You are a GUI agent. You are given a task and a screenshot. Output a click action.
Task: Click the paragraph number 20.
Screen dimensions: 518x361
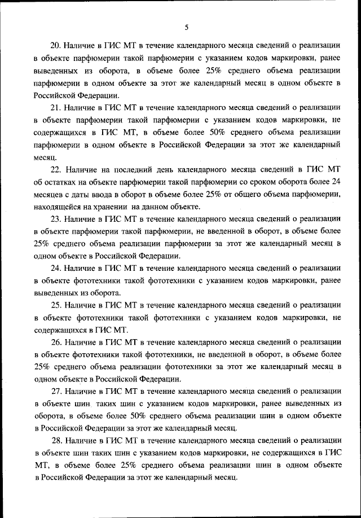click(x=55, y=45)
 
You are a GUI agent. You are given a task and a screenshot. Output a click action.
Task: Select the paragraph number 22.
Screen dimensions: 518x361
click(x=56, y=169)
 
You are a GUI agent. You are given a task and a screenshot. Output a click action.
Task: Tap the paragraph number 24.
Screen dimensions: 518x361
click(x=56, y=268)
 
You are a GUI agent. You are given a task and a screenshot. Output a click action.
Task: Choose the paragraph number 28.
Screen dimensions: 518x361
click(x=56, y=440)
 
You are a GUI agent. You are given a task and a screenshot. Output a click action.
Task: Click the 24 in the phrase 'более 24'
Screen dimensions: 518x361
click(x=336, y=182)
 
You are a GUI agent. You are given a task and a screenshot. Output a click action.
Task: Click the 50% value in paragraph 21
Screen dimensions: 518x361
click(x=190, y=132)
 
